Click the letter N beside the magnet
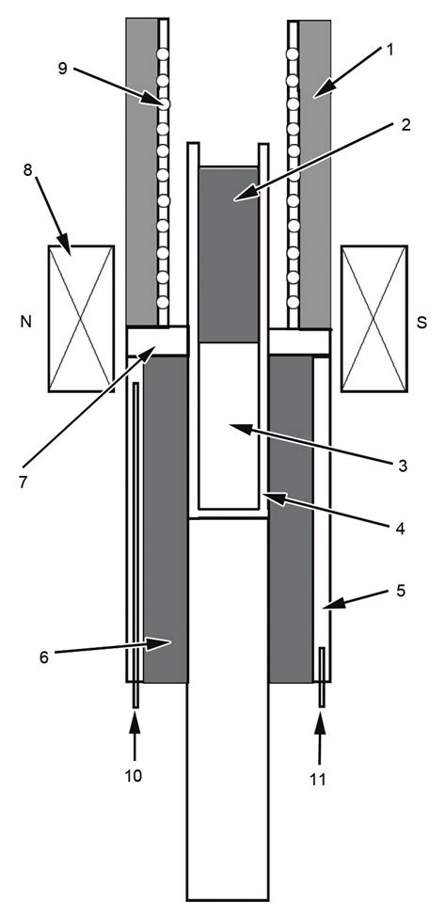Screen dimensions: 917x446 coord(24,320)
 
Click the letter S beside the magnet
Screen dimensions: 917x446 coord(421,320)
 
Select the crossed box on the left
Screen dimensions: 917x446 coord(81,318)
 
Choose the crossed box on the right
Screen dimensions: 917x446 coord(374,318)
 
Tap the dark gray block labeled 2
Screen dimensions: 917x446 coord(228,254)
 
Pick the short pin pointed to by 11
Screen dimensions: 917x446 coord(321,676)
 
